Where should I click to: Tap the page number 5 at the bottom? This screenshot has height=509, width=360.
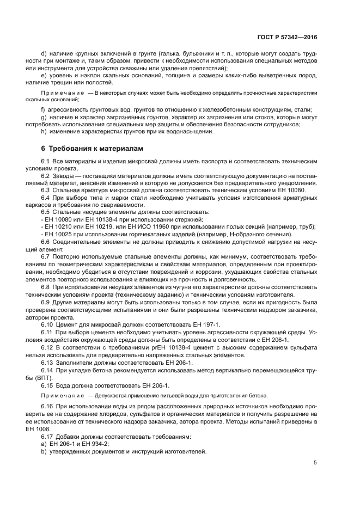coord(315,463)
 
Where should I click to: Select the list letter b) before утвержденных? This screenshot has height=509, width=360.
coord(45,452)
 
